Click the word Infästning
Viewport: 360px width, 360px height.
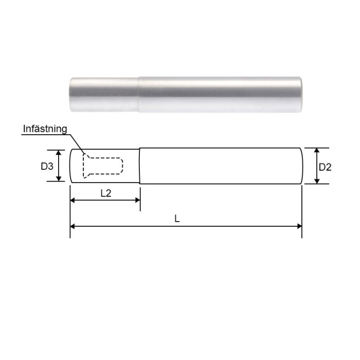coord(45,129)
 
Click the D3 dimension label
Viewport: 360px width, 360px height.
coord(47,166)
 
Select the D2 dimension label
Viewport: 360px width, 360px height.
coord(325,167)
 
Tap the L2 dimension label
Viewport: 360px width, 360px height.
coord(106,193)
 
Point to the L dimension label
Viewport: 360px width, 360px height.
coord(177,219)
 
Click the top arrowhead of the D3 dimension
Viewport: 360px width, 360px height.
coord(59,152)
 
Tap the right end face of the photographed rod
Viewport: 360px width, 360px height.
coord(300,95)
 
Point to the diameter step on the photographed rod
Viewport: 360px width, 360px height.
coord(138,95)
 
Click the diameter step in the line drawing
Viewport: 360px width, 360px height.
coord(140,166)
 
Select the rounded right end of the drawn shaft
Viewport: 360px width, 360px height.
coord(301,166)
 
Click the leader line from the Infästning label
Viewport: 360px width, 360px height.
coord(76,145)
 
